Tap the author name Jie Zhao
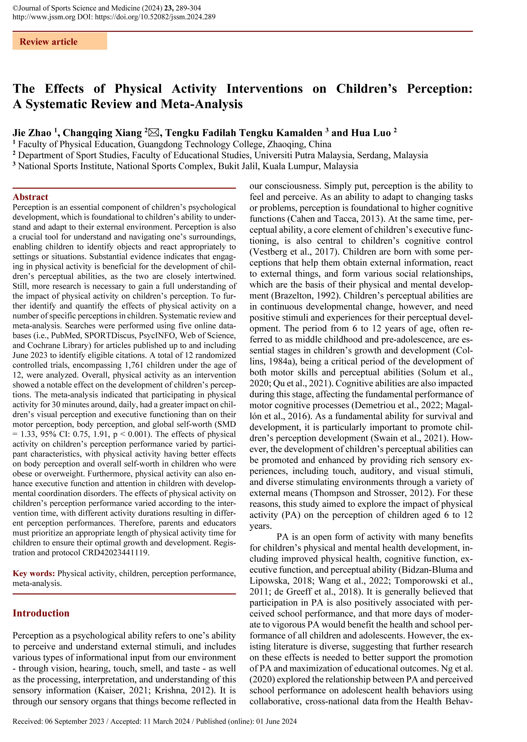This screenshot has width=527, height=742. point(32,133)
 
